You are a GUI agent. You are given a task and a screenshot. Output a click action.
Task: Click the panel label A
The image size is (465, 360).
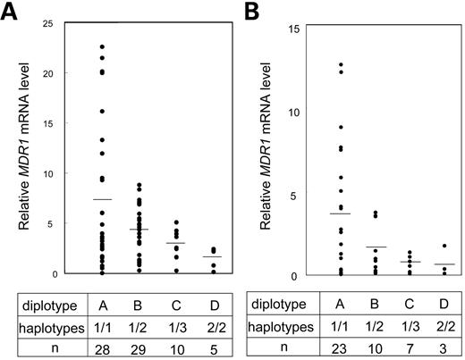click(11, 11)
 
